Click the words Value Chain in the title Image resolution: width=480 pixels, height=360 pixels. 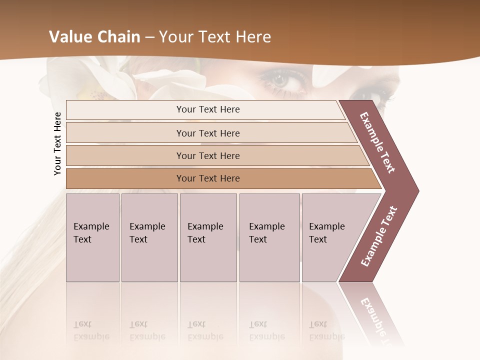(x=94, y=37)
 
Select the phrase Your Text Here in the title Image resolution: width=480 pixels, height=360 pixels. (x=215, y=37)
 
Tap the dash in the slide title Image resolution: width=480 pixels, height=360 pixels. (x=149, y=37)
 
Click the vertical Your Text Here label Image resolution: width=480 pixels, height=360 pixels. (x=57, y=143)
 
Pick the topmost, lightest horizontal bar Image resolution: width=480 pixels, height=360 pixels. (x=208, y=109)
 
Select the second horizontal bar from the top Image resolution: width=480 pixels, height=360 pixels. (x=208, y=133)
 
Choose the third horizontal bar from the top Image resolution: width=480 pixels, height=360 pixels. (x=208, y=155)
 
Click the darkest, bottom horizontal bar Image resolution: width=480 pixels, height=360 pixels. (x=208, y=178)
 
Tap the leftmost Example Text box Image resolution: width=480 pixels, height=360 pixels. (x=92, y=237)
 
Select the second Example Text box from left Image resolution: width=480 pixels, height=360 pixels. (x=149, y=237)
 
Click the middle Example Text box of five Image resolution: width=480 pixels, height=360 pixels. (x=208, y=237)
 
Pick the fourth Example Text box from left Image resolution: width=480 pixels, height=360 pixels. (x=269, y=237)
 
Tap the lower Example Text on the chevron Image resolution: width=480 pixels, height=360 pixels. (x=379, y=236)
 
